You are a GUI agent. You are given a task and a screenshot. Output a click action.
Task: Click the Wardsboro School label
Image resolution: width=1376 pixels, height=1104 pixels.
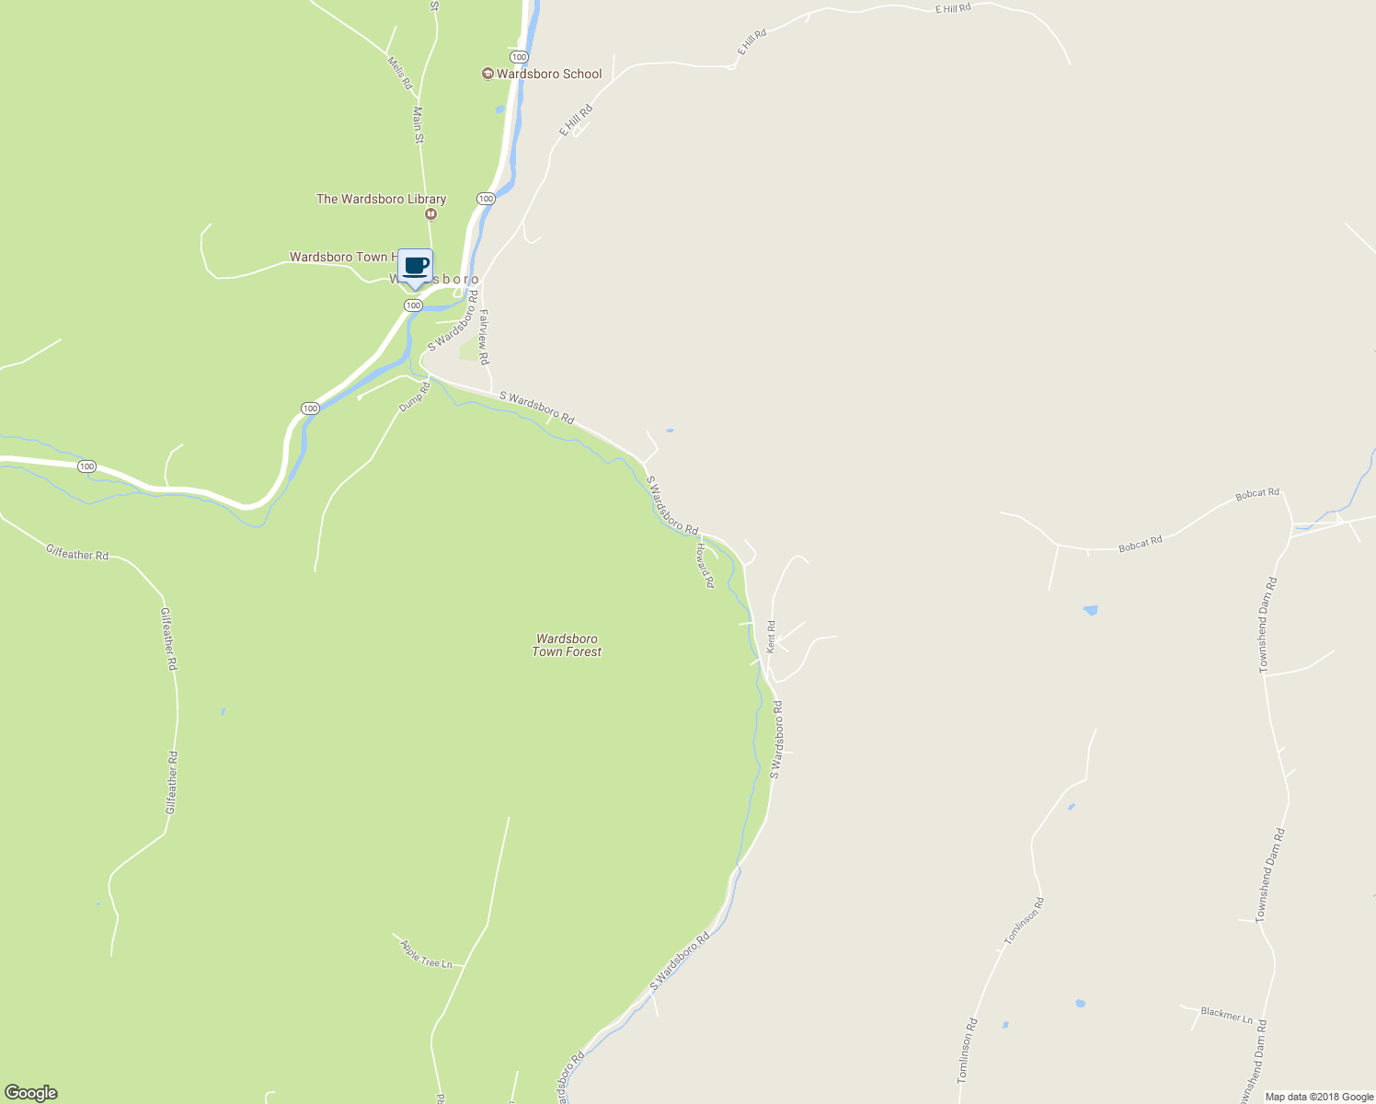tap(549, 74)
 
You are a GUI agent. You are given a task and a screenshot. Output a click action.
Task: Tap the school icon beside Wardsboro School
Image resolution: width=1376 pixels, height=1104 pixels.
tap(487, 74)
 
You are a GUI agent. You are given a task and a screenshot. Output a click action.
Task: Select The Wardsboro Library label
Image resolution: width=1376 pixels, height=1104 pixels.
tap(381, 199)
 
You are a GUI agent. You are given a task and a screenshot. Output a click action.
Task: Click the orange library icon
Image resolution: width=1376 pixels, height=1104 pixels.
tap(430, 213)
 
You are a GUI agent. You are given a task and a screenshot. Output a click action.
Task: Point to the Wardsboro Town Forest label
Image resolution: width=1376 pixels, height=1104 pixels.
tap(567, 645)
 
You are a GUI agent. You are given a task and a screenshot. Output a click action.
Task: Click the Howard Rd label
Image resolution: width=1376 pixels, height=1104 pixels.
tap(705, 565)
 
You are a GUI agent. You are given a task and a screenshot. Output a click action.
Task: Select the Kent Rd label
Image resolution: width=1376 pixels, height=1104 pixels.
tap(772, 637)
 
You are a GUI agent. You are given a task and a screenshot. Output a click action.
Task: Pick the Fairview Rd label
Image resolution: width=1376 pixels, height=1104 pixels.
tap(484, 337)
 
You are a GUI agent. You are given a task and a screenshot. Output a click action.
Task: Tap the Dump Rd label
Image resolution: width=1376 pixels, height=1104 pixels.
tap(415, 397)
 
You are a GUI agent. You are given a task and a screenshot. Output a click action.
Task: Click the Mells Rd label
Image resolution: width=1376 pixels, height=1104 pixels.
tap(400, 74)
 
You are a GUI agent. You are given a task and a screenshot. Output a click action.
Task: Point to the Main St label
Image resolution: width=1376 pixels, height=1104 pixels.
tap(419, 125)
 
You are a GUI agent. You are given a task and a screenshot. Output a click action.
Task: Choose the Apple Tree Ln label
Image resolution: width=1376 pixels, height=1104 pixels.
tap(427, 953)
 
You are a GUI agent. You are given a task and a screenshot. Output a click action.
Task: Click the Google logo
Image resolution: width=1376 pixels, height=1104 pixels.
tap(31, 1093)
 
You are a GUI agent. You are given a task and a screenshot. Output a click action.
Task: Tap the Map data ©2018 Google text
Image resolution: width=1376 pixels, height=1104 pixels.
tap(1319, 1097)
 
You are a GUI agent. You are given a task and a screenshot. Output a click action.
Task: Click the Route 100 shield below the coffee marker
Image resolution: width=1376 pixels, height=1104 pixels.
tap(413, 305)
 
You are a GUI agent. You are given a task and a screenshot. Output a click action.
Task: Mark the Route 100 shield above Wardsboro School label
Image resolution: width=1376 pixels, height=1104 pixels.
tap(519, 57)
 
